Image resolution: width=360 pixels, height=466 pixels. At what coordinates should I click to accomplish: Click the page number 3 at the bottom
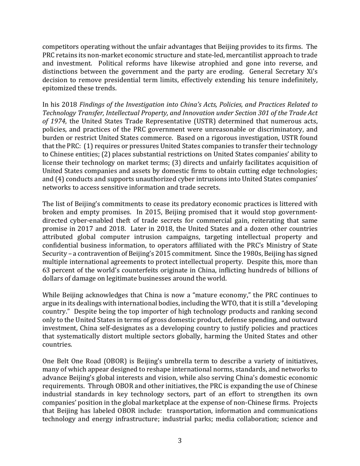[180, 440]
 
